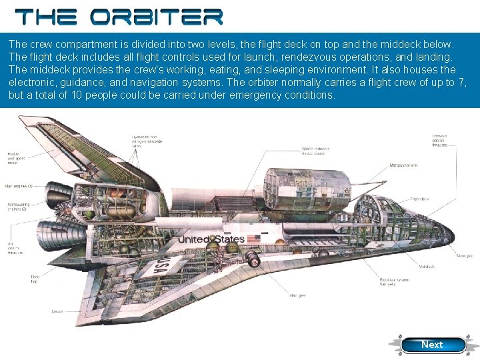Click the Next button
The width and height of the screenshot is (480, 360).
[431, 345]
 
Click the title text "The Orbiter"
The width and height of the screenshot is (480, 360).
[119, 17]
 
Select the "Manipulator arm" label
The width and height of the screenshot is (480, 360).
[405, 165]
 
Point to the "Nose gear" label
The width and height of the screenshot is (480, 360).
[465, 255]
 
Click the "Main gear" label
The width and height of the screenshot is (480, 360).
[298, 295]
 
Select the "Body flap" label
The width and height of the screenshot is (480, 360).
[35, 278]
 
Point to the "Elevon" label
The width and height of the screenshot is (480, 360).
[57, 311]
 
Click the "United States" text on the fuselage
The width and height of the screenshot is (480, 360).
[211, 240]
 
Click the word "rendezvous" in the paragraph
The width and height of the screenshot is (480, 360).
[275, 56]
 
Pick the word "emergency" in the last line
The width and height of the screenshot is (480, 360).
[252, 95]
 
